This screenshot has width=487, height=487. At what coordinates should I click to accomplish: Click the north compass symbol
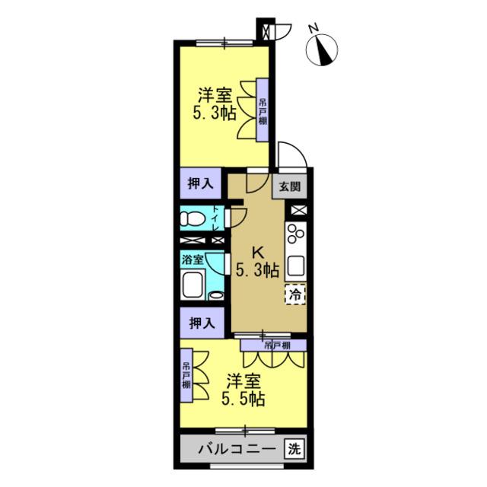point(322,49)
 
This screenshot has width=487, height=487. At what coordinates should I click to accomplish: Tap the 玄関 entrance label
point(289,186)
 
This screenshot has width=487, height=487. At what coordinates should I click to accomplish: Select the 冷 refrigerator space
point(295,294)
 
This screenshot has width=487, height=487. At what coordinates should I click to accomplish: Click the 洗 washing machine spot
point(294,448)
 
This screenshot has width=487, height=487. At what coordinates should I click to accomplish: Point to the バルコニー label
point(237,449)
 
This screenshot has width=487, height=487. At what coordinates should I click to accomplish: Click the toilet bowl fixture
point(193,218)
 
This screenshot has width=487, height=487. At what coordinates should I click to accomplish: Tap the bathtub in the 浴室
point(193,285)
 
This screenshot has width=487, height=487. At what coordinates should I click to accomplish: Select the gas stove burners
point(295,234)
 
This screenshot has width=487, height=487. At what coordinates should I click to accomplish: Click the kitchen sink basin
point(295,266)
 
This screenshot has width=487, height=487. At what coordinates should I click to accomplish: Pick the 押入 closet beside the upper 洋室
point(201,183)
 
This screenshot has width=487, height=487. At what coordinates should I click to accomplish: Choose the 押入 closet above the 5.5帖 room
point(202,323)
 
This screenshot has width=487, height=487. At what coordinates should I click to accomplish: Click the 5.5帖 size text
point(243,399)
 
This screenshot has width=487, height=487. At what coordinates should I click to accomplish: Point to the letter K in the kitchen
point(257,253)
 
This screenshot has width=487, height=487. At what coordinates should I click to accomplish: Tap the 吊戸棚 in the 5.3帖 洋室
point(263,110)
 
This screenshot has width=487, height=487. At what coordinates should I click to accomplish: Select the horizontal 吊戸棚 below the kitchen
point(274,345)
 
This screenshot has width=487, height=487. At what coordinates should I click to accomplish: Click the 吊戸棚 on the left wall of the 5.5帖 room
point(186,376)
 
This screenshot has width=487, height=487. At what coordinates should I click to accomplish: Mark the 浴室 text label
point(193,259)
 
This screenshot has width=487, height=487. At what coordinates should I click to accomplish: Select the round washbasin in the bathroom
point(216,295)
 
